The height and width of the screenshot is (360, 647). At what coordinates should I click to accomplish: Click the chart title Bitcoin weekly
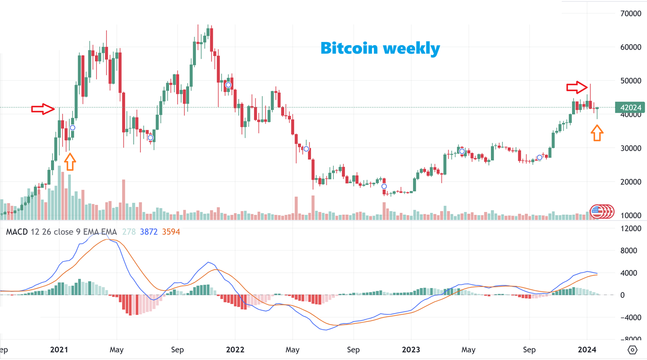(x=380, y=48)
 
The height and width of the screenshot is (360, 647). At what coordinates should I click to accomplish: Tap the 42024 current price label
(x=631, y=107)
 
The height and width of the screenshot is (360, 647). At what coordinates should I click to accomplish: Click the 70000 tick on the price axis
(x=632, y=13)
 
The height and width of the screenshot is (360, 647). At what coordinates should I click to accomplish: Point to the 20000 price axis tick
(x=632, y=182)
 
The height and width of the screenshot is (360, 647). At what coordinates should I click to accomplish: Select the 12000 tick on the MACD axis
(x=632, y=229)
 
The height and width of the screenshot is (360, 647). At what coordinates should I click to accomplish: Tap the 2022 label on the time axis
(x=235, y=350)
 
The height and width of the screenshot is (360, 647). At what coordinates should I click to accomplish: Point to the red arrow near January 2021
(x=42, y=109)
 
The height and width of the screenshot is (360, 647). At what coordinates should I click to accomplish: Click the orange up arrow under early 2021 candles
(x=69, y=161)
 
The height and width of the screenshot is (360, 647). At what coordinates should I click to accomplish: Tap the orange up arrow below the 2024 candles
(x=597, y=133)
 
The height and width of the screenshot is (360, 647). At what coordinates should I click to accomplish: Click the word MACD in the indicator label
(x=17, y=232)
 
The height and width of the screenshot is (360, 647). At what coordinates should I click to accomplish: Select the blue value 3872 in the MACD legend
(x=148, y=232)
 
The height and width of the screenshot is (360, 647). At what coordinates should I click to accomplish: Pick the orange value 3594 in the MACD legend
(x=171, y=232)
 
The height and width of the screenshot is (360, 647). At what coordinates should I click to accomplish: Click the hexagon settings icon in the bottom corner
(x=632, y=350)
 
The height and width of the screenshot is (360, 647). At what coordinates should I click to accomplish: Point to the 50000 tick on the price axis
(x=632, y=81)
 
